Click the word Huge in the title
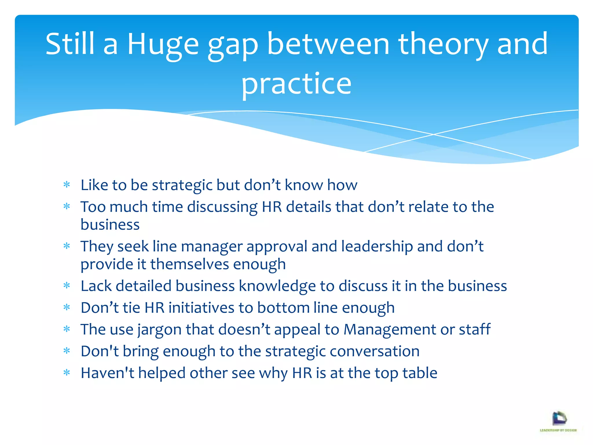click(x=163, y=44)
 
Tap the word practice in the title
click(x=296, y=84)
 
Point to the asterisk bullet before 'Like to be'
click(x=67, y=185)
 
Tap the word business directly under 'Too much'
click(x=110, y=225)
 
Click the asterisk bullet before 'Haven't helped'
click(x=67, y=373)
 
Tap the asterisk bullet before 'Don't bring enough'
click(x=67, y=351)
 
